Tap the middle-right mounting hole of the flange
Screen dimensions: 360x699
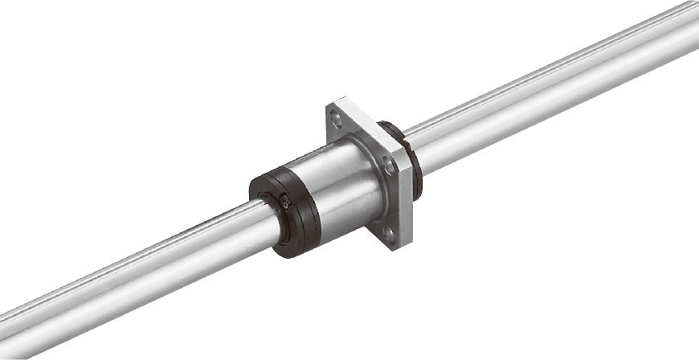coord(390,165)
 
